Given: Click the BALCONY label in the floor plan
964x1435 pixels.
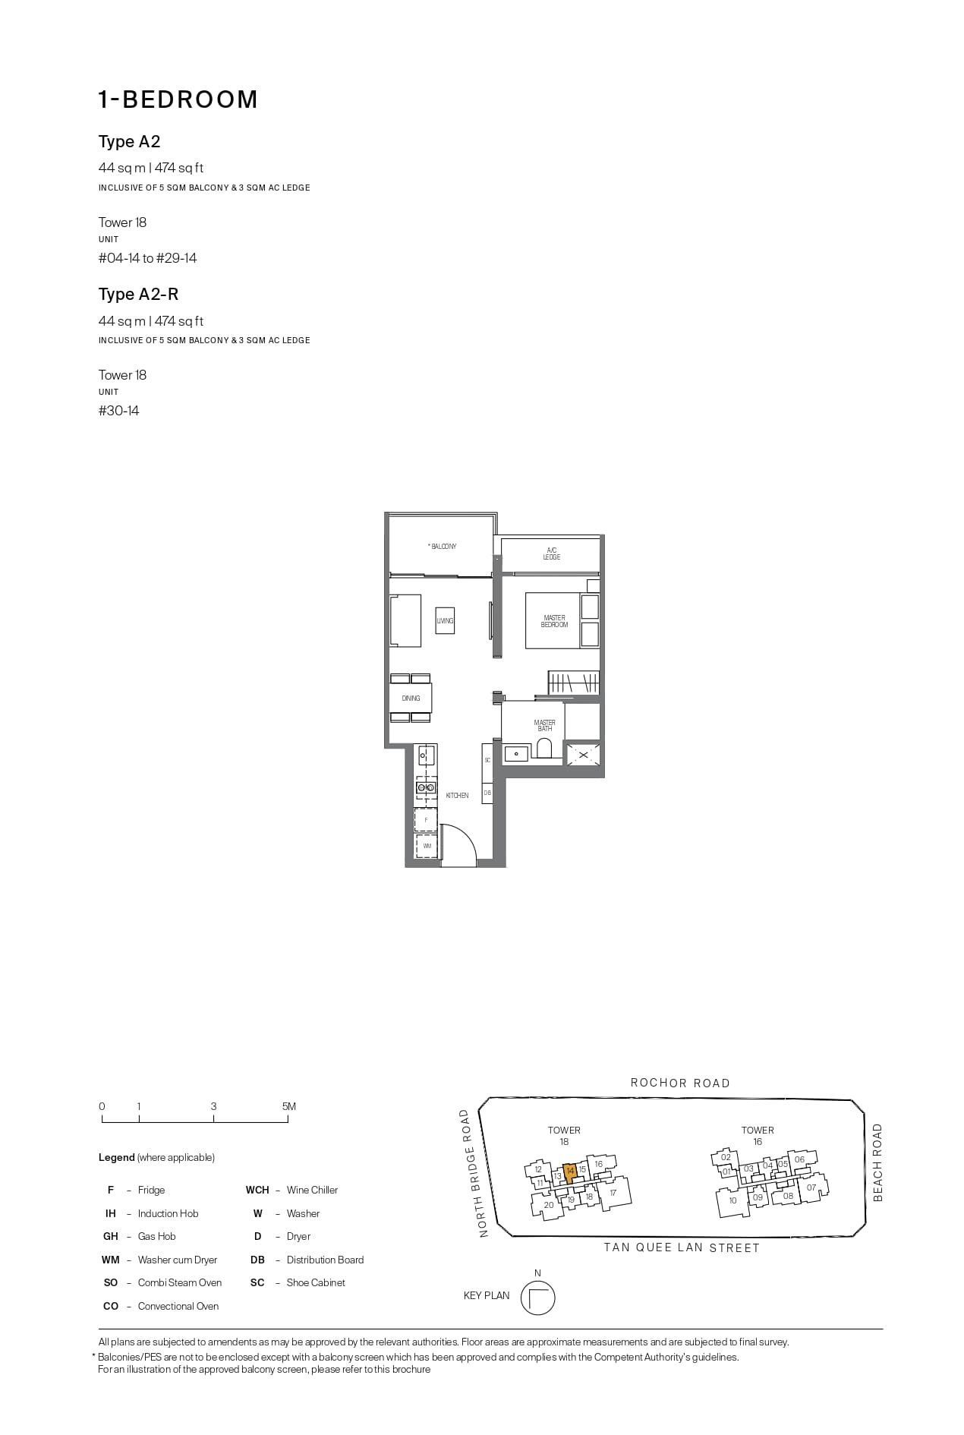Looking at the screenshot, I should point(443,547).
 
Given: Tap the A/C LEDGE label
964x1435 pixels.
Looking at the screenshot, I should point(552,553).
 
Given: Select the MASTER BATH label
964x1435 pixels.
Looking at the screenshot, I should point(544,726).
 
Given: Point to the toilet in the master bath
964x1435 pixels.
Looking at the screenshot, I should point(543,750).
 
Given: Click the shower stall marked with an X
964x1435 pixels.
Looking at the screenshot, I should point(583,755).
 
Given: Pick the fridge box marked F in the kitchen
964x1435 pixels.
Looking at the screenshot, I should point(426,820).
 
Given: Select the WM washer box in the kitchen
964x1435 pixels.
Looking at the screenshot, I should point(427,846).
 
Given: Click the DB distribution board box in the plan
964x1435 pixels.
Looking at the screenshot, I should point(487,793).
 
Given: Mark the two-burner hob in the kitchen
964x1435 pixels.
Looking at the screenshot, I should point(425,788).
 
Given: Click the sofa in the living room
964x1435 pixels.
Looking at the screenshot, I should point(405,621).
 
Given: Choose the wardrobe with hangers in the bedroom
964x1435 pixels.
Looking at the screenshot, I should point(573,682).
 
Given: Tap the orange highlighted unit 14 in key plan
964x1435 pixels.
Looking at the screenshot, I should point(570,1172).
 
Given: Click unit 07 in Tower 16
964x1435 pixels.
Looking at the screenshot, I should point(811,1187).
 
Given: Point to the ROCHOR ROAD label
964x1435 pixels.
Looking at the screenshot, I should point(680,1083).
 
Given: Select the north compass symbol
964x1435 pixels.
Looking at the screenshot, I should point(537,1298).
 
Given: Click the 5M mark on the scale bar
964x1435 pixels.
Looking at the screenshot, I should point(288,1107).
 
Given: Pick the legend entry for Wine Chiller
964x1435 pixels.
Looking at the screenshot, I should point(312,1190).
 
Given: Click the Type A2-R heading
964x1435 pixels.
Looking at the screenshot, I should point(138,295).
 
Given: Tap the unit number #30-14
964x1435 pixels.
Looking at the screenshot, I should point(119,411).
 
